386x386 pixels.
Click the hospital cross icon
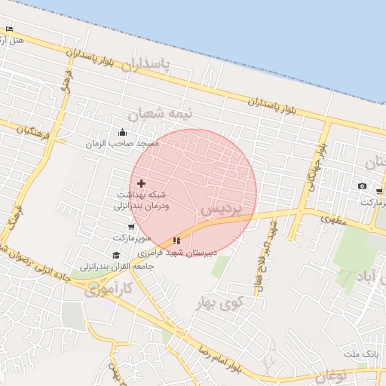(141, 183)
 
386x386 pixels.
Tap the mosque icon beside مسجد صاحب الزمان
(123, 133)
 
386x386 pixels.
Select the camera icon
(362, 186)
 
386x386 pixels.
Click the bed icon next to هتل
(9, 29)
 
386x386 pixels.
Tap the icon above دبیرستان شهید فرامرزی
(176, 241)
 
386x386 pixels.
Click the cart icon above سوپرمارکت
(131, 227)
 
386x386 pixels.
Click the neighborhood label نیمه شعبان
(161, 113)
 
